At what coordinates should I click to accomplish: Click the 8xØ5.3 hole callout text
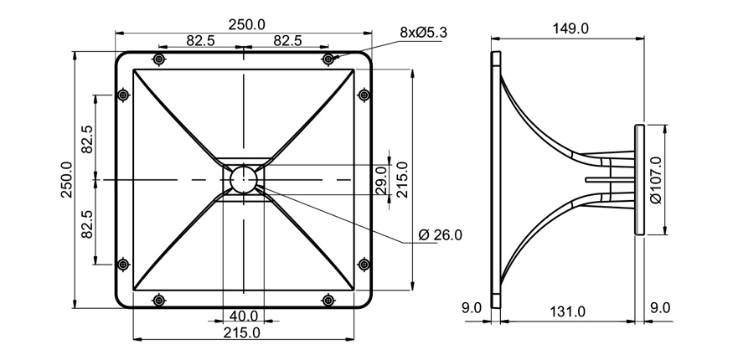click(424, 33)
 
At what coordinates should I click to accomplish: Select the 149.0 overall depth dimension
click(571, 28)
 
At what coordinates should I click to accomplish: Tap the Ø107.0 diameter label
click(655, 180)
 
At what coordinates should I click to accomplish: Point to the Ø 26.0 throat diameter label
click(440, 235)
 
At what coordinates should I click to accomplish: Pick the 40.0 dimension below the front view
click(244, 316)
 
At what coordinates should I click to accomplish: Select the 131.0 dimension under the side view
click(567, 311)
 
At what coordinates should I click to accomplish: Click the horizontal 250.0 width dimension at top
click(243, 26)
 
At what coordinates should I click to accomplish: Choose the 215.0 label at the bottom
click(243, 332)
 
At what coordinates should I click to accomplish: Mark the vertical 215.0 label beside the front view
click(402, 180)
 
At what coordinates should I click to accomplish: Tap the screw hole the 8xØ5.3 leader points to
click(328, 59)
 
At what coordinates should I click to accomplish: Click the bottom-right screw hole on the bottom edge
click(328, 300)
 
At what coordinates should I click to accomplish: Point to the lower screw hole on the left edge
click(123, 265)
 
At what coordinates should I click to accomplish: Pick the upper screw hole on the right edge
click(364, 95)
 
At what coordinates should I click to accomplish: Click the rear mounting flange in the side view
click(640, 179)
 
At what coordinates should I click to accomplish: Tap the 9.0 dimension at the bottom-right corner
click(660, 308)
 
